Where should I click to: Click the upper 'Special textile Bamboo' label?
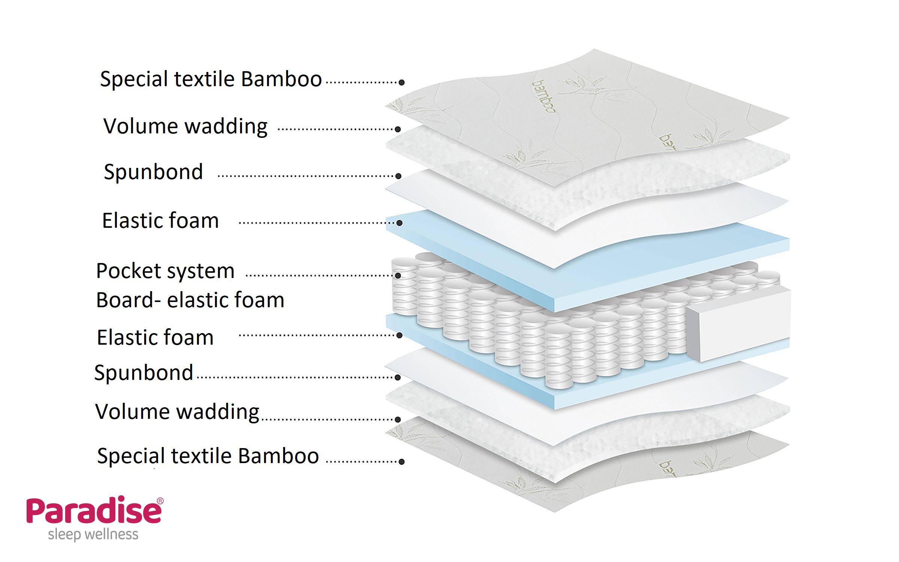coord(211,79)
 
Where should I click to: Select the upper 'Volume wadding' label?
coord(185,126)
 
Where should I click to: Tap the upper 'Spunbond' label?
coord(153,172)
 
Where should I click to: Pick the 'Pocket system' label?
coord(165,271)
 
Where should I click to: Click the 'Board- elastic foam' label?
coord(190,300)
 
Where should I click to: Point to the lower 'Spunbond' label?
coord(144,373)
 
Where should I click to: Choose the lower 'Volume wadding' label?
coord(177,412)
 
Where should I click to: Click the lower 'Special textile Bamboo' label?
coord(208,456)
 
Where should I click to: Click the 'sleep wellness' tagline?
coord(93,534)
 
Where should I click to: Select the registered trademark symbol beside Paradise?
coord(160,501)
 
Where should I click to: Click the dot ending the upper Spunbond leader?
coord(399,176)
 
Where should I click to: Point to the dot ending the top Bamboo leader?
coord(402,82)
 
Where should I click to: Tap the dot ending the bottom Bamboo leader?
coord(402,462)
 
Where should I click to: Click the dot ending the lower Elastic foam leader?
coord(399,335)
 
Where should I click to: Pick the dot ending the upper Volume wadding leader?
coord(398,129)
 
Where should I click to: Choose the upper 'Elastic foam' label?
coord(160,221)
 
